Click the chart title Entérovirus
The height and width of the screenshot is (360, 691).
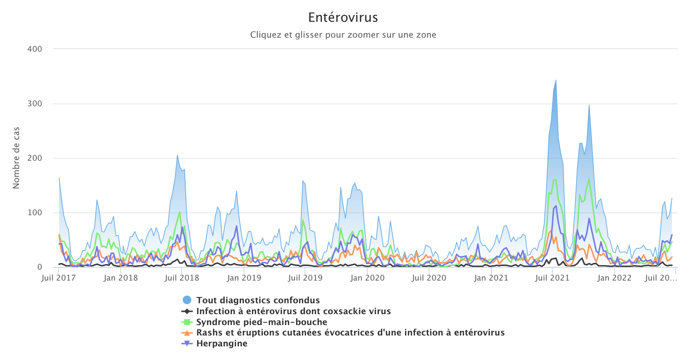[343, 18]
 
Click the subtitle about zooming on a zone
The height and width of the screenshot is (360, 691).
[343, 35]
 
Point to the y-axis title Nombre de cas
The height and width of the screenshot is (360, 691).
[16, 158]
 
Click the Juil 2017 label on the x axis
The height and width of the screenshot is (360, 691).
[59, 278]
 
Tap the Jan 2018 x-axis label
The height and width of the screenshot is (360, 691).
[121, 278]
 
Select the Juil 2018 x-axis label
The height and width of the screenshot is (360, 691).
[182, 278]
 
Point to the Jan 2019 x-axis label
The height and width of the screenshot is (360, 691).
[244, 278]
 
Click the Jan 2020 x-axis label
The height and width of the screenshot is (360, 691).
[368, 278]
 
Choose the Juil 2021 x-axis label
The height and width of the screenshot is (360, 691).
[552, 278]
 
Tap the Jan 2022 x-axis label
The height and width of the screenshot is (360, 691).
[614, 278]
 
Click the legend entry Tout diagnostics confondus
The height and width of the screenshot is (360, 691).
[258, 300]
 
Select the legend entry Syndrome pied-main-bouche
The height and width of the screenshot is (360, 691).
[262, 322]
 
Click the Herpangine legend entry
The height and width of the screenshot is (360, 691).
[222, 343]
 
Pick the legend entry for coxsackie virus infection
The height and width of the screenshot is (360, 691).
[293, 311]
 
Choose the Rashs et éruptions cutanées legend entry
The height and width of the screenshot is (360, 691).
[350, 333]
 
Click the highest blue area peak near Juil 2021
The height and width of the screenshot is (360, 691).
[556, 81]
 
